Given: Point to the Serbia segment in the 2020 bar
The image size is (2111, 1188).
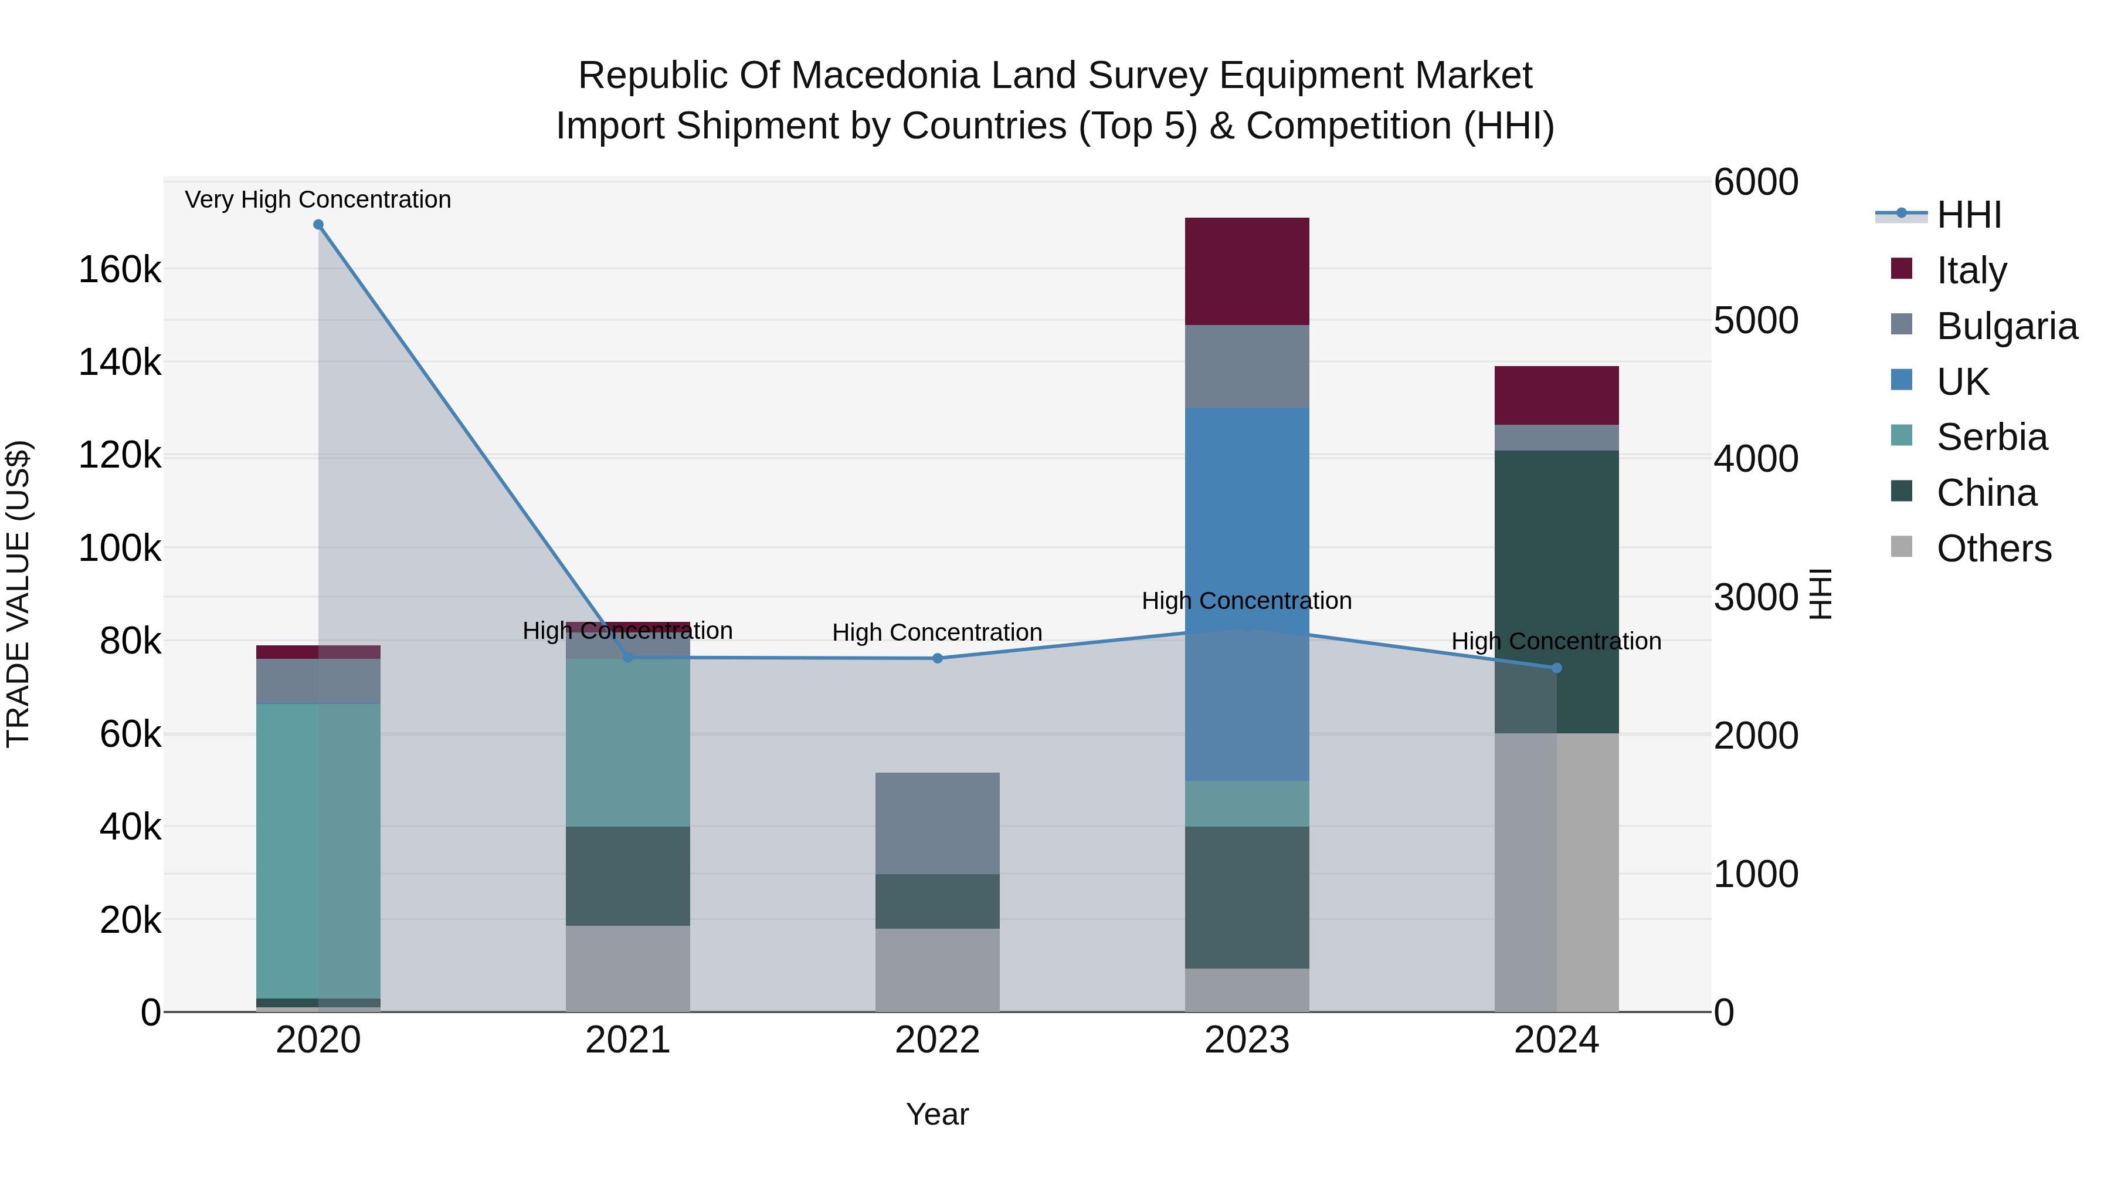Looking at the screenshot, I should [318, 850].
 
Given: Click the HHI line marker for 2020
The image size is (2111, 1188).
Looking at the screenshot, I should [319, 225].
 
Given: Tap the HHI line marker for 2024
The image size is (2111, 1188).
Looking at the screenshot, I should [1557, 668].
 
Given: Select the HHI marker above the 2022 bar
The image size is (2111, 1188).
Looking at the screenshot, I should [938, 658].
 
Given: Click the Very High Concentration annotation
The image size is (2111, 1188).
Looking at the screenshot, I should [318, 199].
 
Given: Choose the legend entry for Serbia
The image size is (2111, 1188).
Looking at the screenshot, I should [1991, 437].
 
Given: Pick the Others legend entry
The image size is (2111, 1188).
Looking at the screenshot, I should [1993, 549].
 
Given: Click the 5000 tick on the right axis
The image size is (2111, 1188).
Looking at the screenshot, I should [1755, 320].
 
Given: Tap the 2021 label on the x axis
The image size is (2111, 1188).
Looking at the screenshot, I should [627, 1040].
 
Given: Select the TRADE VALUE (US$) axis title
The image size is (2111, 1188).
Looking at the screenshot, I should [18, 594].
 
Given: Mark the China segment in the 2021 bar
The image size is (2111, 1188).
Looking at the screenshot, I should [627, 876].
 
